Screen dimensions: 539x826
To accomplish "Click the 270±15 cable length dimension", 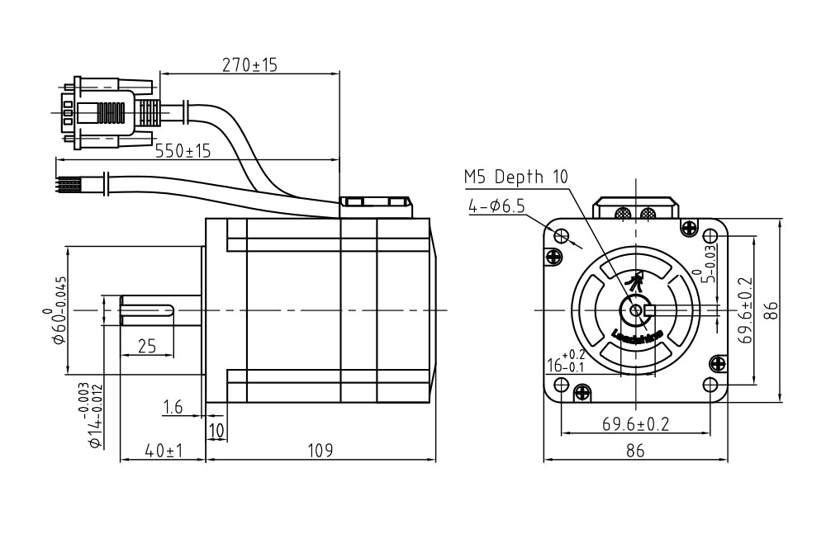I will pos(249,64).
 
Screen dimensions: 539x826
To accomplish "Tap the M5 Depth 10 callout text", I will pos(516,177).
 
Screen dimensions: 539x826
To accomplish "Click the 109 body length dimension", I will pos(320,451).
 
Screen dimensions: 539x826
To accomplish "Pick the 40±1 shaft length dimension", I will pos(163,451).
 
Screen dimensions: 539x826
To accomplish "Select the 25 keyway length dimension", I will pos(146,347).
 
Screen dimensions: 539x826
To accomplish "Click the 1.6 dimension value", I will pos(173,406).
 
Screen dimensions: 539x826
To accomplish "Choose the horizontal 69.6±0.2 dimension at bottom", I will pos(635,424).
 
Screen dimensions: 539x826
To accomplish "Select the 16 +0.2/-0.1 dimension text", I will pos(566,361).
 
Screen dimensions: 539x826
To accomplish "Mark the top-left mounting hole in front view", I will pos(562,237).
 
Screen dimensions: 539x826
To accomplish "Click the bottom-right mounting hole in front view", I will pos(710,384).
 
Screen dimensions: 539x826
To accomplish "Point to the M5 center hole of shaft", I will pos(635,310).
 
